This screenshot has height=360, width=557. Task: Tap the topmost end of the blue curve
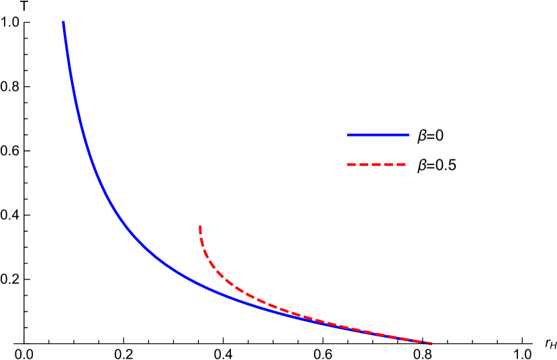[64, 23]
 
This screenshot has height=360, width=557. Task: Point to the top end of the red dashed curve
[200, 226]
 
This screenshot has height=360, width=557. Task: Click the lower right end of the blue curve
[431, 343]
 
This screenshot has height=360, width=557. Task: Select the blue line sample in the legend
[378, 135]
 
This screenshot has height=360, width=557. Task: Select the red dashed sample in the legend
[377, 165]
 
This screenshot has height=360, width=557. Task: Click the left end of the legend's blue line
[348, 135]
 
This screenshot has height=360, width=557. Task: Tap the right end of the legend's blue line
[407, 135]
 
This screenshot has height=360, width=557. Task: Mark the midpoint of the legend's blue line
[378, 135]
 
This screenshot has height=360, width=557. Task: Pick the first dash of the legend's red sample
[352, 165]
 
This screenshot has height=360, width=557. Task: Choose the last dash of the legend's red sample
[401, 165]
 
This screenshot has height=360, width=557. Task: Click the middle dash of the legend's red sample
[377, 165]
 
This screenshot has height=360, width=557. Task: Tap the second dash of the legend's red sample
[364, 165]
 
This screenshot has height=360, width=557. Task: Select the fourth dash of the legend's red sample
[389, 165]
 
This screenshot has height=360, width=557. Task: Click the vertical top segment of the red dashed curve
[200, 232]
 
